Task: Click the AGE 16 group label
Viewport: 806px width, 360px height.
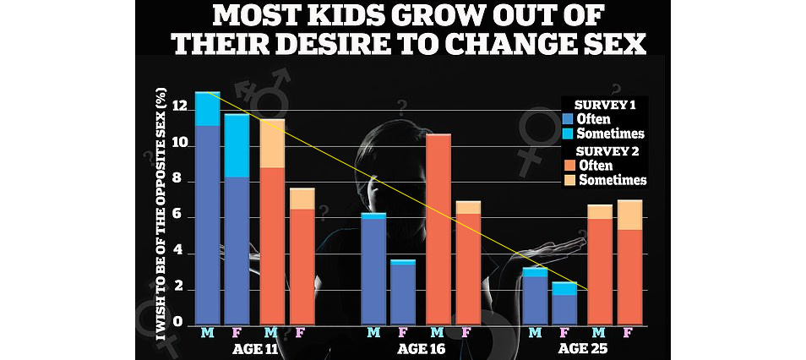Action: (x=418, y=347)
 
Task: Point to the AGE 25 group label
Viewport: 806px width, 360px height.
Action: (x=583, y=347)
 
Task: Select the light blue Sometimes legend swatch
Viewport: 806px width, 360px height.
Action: (x=567, y=134)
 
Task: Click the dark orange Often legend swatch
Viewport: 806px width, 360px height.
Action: (x=567, y=166)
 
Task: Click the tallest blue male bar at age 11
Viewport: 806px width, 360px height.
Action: (x=207, y=220)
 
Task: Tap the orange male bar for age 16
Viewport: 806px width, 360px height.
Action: (x=438, y=228)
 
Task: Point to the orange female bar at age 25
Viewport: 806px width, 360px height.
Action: (x=629, y=270)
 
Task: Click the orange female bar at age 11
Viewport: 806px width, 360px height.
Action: (x=302, y=262)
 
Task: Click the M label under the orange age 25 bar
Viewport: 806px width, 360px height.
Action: (x=598, y=332)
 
